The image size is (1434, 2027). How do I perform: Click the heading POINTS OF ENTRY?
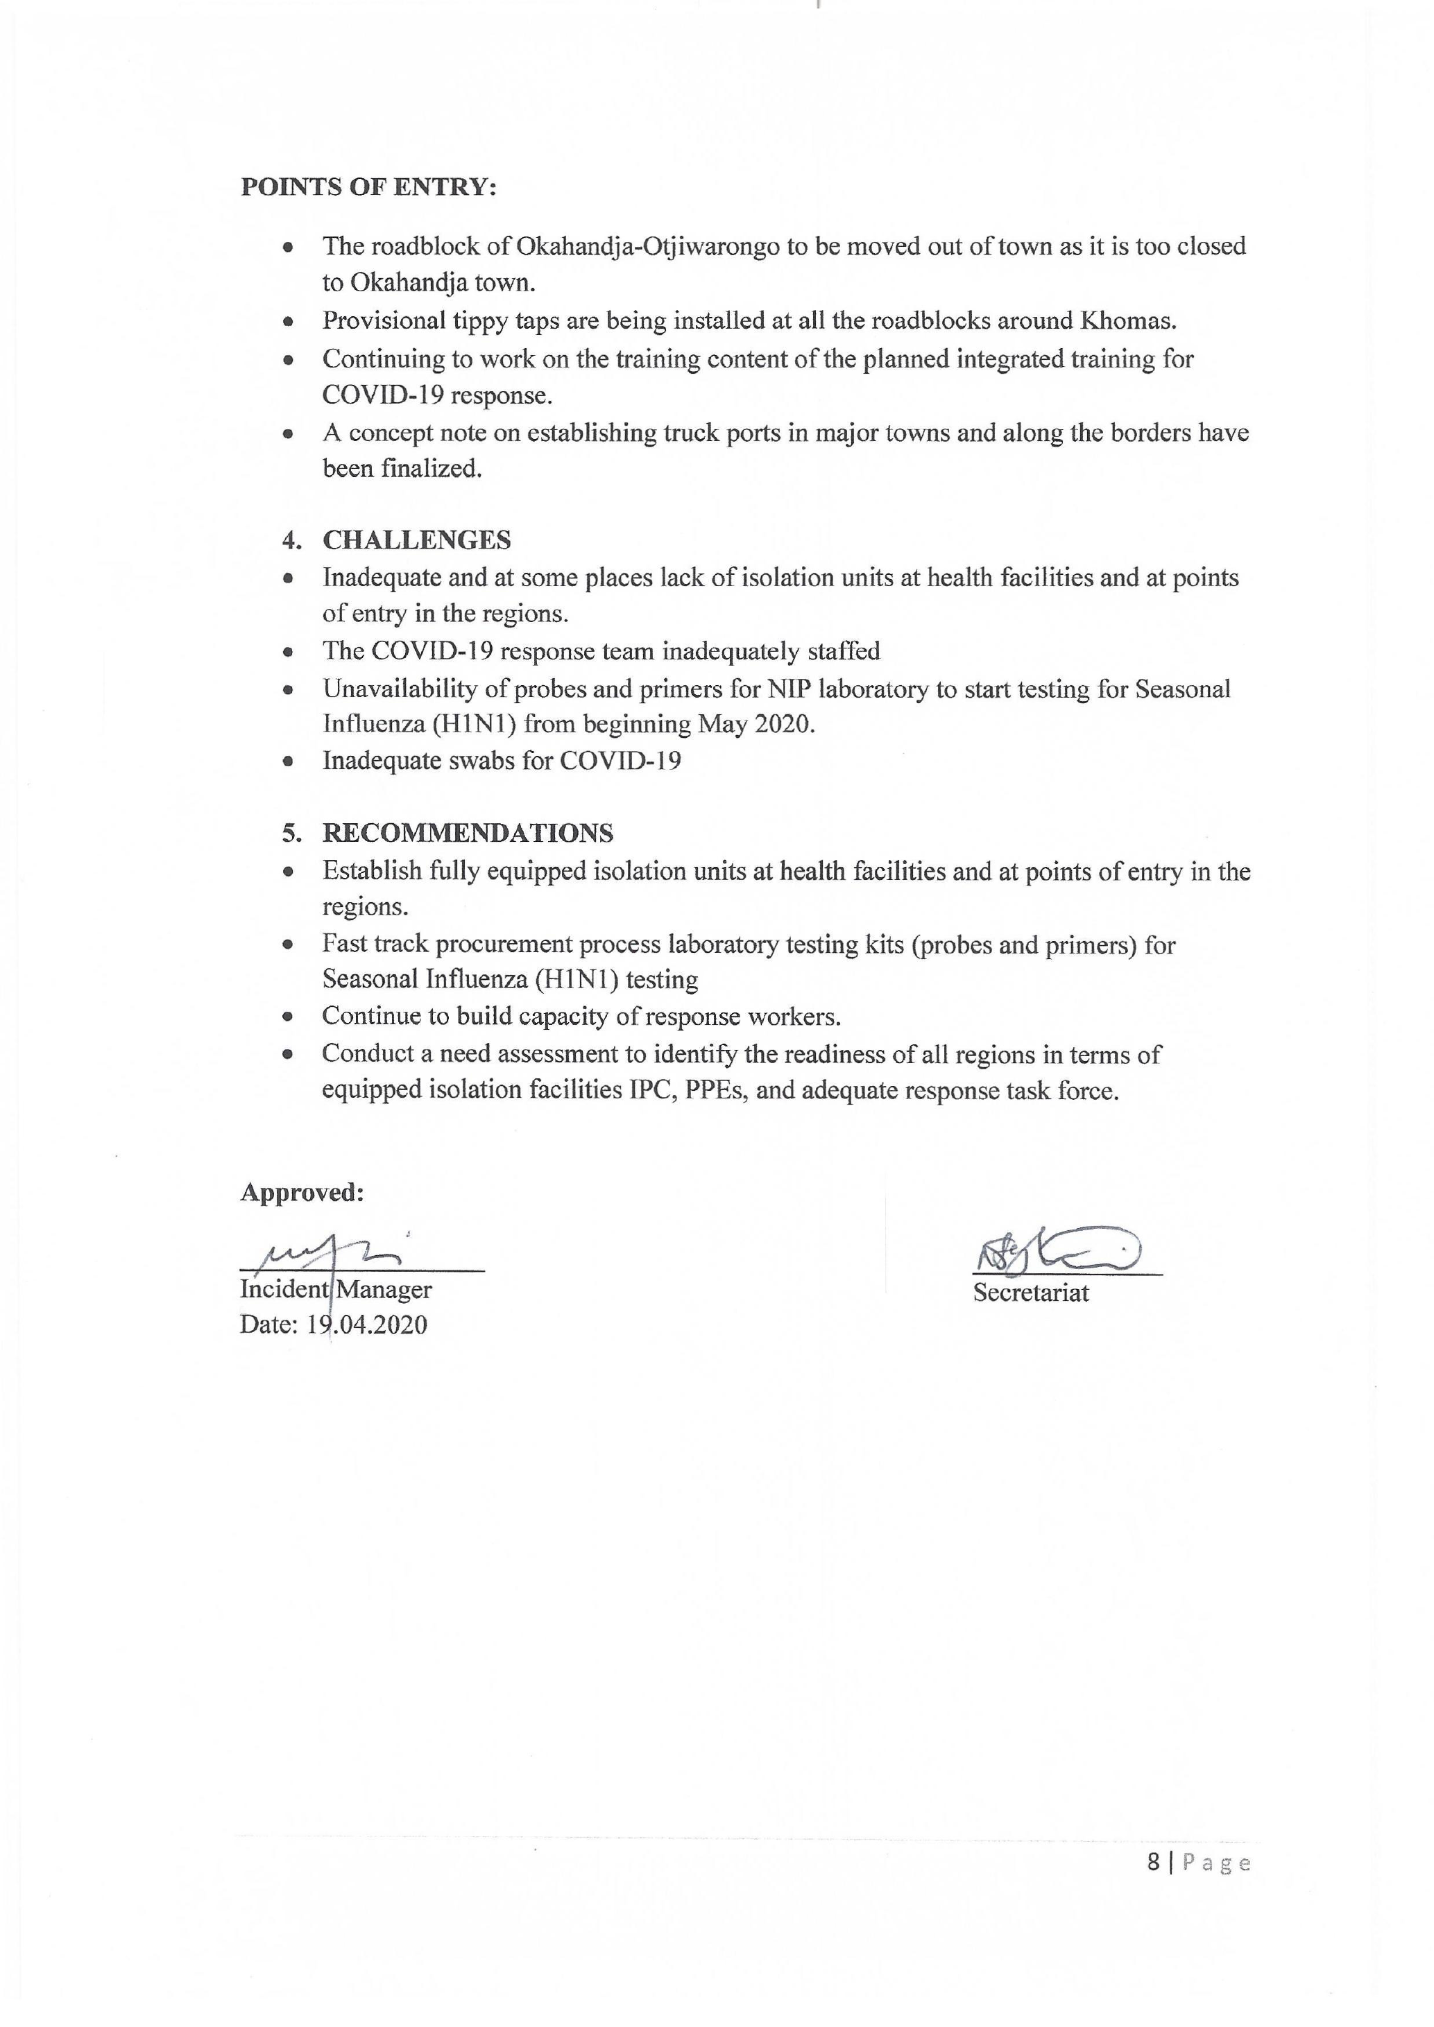(368, 187)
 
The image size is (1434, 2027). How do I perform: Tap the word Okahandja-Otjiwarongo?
(647, 246)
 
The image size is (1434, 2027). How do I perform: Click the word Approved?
(302, 1193)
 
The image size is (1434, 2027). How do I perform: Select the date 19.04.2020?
(366, 1325)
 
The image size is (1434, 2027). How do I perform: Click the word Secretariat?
(1030, 1293)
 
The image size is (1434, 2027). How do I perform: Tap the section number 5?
(291, 833)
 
